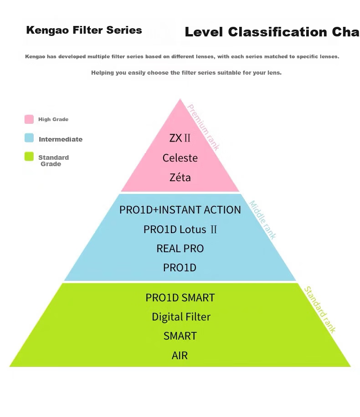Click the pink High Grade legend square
pos(29,119)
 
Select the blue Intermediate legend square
pos(29,138)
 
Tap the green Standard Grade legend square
pos(29,157)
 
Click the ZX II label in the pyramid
pos(180,138)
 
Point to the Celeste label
pos(180,158)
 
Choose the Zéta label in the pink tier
pos(180,177)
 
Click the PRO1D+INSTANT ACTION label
pos(180,210)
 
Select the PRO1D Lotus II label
pos(180,229)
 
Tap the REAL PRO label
pos(180,249)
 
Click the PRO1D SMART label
pos(180,298)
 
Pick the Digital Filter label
pos(181,317)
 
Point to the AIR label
pos(180,355)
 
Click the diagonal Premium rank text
pos(203,127)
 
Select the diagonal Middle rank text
pos(262,220)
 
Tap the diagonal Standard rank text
pos(320,310)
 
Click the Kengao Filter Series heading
pos(84,30)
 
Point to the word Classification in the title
pos(277,32)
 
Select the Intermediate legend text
pos(61,139)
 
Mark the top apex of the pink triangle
pos(180,99)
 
